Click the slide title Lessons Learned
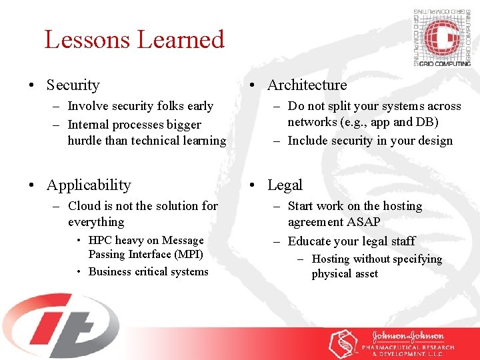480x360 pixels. (134, 39)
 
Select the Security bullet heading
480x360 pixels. (73, 85)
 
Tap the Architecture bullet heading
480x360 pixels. (307, 85)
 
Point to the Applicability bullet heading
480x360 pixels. (89, 185)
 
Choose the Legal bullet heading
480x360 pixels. (285, 185)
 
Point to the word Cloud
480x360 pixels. (84, 206)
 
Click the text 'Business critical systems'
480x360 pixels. (148, 271)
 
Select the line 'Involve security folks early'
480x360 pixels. (140, 106)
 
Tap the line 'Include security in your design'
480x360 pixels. (369, 141)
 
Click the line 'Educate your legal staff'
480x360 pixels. (351, 241)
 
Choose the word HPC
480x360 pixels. (101, 240)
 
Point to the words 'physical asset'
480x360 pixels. (345, 274)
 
